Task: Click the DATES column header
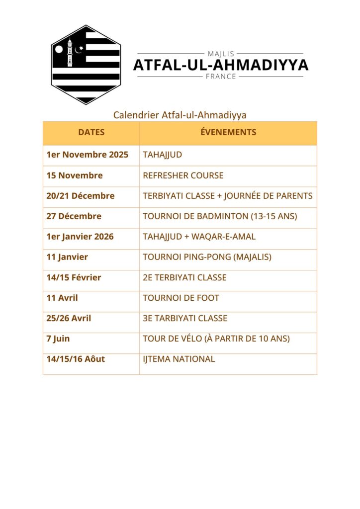click(91, 132)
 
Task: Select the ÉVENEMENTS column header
click(228, 132)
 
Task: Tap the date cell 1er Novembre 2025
click(87, 155)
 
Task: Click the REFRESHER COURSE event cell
click(183, 175)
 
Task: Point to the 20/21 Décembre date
click(80, 196)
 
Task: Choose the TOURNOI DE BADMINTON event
click(220, 216)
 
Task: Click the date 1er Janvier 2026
click(80, 237)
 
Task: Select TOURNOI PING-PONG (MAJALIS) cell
click(207, 257)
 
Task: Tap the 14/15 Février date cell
click(74, 277)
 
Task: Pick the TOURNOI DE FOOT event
click(181, 298)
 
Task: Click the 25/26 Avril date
click(69, 318)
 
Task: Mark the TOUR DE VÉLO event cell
click(216, 339)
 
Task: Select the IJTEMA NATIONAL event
click(179, 359)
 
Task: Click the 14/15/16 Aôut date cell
click(76, 359)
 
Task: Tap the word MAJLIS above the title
click(220, 54)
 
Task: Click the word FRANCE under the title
click(220, 77)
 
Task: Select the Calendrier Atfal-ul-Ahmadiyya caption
click(180, 115)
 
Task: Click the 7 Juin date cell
click(58, 339)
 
